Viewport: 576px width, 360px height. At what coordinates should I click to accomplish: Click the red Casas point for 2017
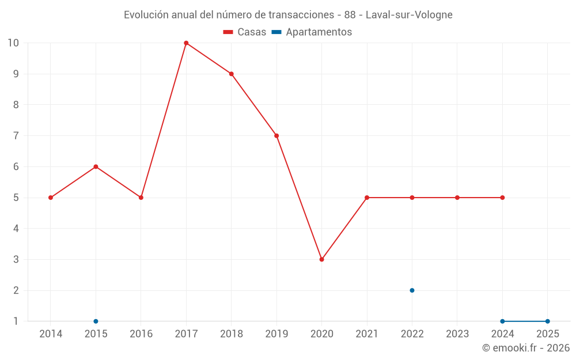click(186, 43)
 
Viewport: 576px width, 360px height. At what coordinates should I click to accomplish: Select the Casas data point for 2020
click(321, 259)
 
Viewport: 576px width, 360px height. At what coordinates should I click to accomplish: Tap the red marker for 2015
click(96, 166)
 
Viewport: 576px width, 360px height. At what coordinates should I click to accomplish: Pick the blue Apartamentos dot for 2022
click(412, 290)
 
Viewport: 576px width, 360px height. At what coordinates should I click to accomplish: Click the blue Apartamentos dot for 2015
click(96, 321)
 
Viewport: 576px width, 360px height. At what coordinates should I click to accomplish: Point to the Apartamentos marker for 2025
click(547, 321)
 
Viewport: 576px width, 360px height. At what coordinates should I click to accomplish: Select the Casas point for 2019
click(276, 136)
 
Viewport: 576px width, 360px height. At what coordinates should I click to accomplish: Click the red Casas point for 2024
click(502, 198)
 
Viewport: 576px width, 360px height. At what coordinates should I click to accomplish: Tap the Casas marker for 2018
click(231, 74)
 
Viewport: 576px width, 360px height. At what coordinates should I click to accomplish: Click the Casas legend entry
click(245, 32)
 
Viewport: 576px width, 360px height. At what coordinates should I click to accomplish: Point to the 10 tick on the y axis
click(13, 43)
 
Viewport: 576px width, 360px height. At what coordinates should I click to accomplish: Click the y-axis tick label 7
click(16, 136)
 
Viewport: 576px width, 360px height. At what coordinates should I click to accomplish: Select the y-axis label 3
click(16, 259)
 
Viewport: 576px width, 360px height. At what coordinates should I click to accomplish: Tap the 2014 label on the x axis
click(51, 334)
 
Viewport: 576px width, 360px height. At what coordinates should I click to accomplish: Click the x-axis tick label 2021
click(367, 334)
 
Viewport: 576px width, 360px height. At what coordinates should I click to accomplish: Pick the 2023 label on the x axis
click(457, 334)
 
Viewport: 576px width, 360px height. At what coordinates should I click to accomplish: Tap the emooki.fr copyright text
click(525, 348)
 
